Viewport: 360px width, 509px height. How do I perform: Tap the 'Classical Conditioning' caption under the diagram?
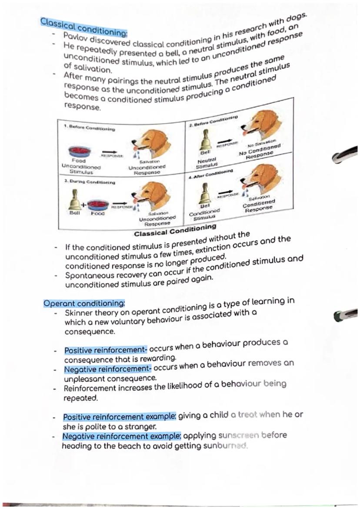tap(175, 231)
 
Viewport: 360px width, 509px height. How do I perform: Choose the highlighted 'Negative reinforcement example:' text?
tap(121, 436)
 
